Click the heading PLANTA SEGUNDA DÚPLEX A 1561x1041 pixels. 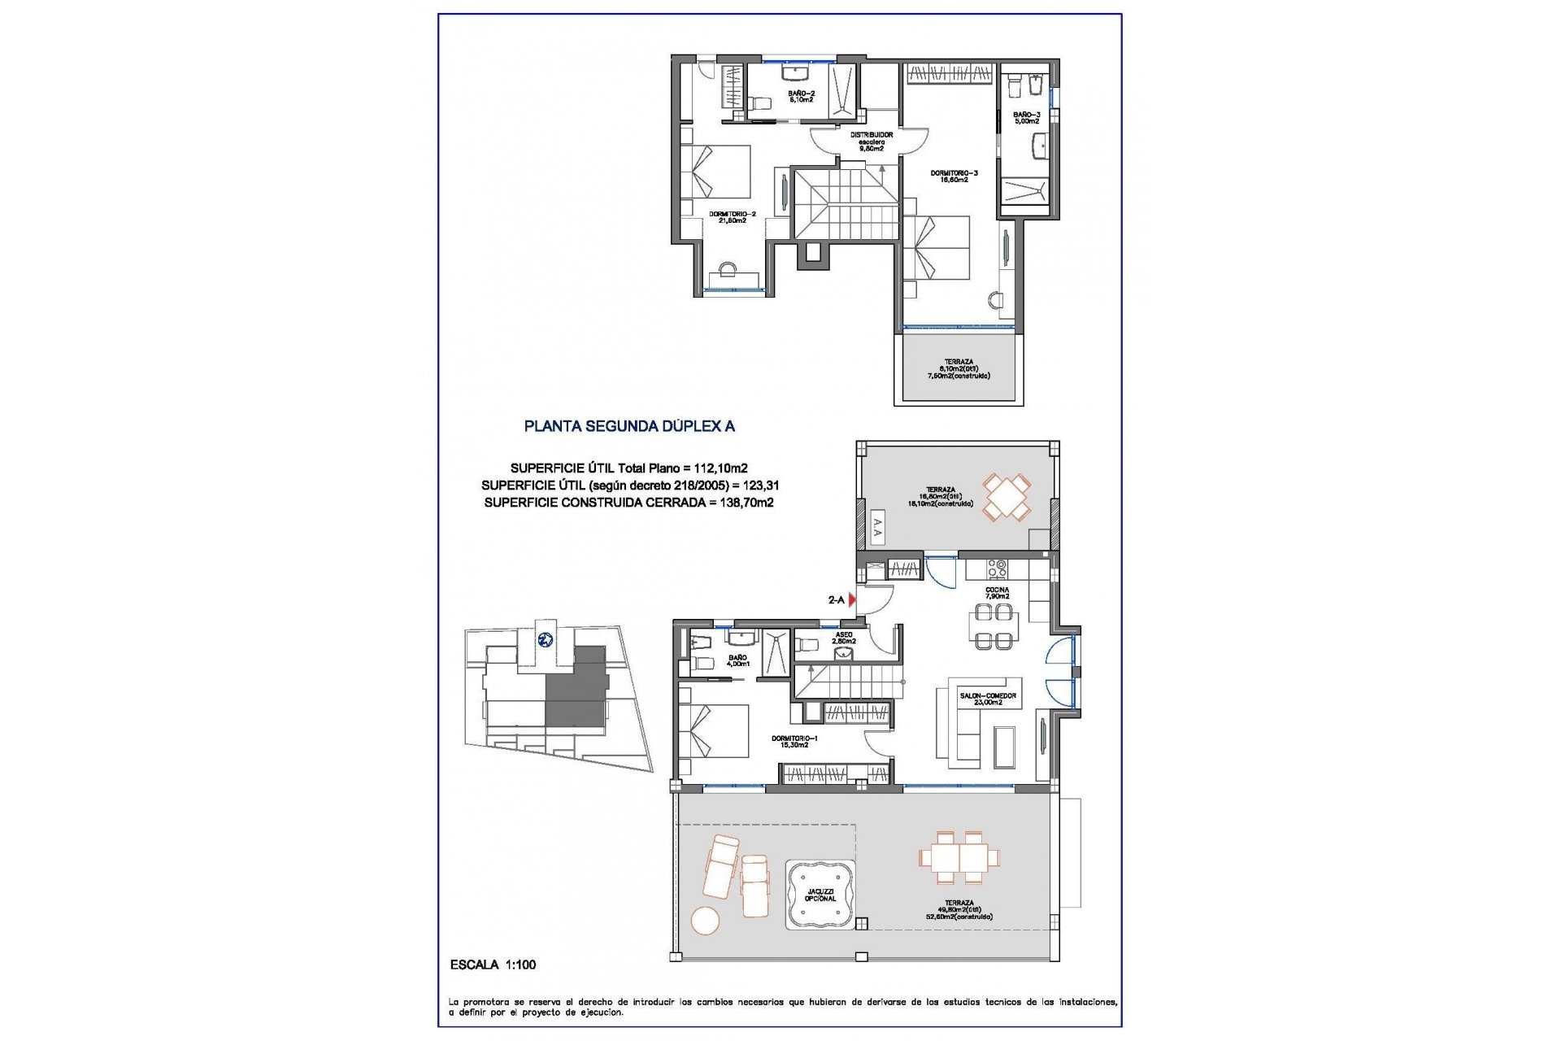(x=629, y=426)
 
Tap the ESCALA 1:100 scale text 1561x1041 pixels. (x=493, y=965)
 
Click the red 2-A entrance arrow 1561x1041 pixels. (x=852, y=599)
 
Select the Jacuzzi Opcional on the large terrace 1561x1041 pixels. (x=820, y=895)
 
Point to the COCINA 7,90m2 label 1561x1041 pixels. (x=997, y=593)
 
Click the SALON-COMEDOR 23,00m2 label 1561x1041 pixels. (x=988, y=699)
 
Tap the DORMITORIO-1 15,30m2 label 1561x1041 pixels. (x=794, y=741)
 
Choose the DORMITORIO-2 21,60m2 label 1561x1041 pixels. (x=732, y=217)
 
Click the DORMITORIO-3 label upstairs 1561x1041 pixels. (x=954, y=176)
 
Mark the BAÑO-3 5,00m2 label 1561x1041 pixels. (x=1026, y=117)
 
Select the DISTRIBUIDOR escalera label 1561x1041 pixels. (x=871, y=142)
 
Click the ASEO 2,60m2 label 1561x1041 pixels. (x=844, y=638)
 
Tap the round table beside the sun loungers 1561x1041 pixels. (x=705, y=921)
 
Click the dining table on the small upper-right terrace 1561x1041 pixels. (x=1007, y=497)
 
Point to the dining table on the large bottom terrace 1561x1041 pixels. (x=959, y=857)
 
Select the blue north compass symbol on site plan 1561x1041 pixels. (x=546, y=639)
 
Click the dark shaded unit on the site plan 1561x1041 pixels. (x=576, y=690)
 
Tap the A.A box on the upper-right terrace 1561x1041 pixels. (x=876, y=529)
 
